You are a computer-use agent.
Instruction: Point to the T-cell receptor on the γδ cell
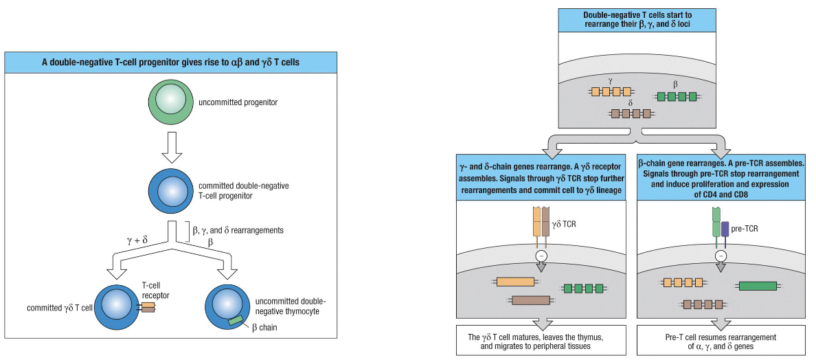click(148, 307)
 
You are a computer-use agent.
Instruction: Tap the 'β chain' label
click(264, 328)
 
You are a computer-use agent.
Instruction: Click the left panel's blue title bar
click(170, 62)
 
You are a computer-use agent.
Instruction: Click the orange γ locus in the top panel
click(610, 92)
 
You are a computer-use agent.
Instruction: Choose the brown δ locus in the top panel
click(631, 114)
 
